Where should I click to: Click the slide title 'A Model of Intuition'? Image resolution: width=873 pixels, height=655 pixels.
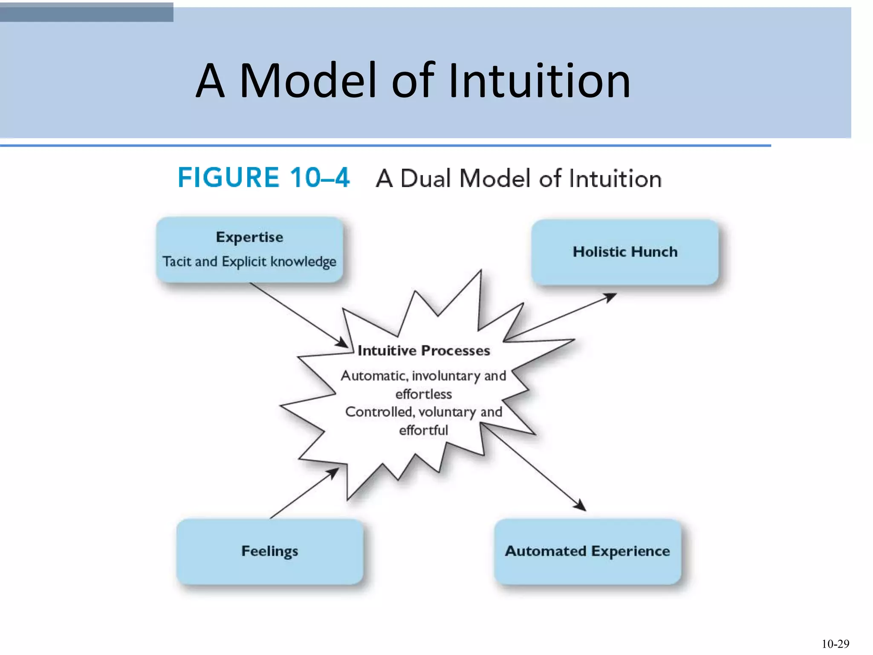point(413,81)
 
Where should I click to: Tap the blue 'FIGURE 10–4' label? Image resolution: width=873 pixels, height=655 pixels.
point(263,177)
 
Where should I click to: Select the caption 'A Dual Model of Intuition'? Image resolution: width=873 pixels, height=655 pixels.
point(518,178)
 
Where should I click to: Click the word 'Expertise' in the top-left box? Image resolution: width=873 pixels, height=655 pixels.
point(249,237)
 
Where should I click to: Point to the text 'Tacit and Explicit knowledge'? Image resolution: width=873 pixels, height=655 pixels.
point(249,261)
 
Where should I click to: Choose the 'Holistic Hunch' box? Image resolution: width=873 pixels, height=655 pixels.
point(625,252)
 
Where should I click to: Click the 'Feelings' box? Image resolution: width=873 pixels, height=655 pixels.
point(270,551)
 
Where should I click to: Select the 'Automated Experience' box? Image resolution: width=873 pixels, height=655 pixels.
point(587,551)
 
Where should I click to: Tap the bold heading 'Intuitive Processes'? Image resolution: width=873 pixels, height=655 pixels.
point(424,351)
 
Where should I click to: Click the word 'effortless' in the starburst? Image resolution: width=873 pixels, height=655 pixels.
point(424,394)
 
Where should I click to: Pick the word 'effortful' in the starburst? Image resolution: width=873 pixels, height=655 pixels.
point(424,430)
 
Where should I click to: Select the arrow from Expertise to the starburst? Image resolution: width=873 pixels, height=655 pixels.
point(298,314)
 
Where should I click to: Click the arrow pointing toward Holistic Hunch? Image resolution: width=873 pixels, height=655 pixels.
point(563,316)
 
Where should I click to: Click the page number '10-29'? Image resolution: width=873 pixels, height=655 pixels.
point(835,644)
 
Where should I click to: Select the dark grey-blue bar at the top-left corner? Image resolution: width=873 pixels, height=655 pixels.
point(87,12)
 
